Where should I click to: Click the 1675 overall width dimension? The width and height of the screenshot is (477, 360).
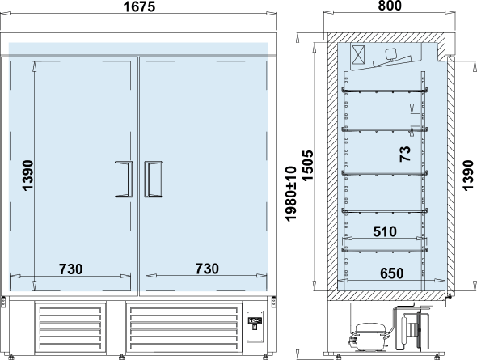click(x=139, y=6)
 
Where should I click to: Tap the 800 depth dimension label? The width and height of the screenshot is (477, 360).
click(x=390, y=6)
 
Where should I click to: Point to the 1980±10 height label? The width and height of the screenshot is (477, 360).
click(x=291, y=193)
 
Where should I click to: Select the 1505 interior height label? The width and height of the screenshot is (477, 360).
click(x=307, y=165)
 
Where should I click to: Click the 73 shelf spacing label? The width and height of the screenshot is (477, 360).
click(x=405, y=154)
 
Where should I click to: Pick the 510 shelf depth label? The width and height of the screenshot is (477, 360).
click(x=385, y=231)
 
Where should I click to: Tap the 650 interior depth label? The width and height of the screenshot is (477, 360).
click(x=392, y=273)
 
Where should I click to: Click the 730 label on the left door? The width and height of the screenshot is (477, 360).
click(x=70, y=269)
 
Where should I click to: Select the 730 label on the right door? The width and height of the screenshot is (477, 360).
click(x=207, y=269)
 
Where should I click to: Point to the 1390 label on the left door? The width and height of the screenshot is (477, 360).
click(x=27, y=176)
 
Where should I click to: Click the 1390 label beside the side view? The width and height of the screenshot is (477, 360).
click(x=468, y=176)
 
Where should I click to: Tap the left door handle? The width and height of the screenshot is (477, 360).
click(x=124, y=180)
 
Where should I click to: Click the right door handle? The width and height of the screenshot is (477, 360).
click(x=153, y=180)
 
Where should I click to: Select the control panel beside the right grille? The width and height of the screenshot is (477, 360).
click(x=255, y=327)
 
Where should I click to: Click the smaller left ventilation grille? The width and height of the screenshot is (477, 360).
click(x=70, y=328)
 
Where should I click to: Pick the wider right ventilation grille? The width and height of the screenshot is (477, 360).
click(x=184, y=328)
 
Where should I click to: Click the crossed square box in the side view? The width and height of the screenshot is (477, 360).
click(x=358, y=55)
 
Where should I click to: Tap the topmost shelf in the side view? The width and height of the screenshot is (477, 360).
click(x=385, y=90)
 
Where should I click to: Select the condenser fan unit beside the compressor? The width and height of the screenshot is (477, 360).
click(x=413, y=328)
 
